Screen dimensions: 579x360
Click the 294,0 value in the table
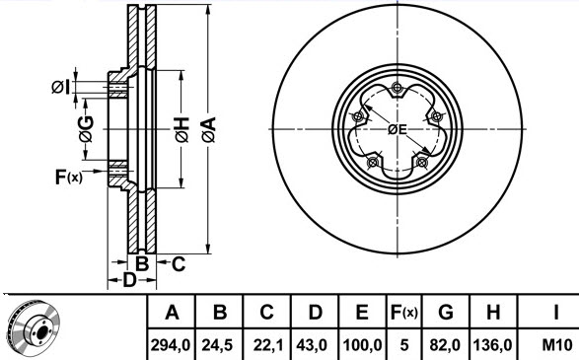coord(171,345)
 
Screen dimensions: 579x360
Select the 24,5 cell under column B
coord(217,345)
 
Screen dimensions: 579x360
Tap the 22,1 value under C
coord(267,345)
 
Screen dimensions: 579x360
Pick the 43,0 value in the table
coord(312,345)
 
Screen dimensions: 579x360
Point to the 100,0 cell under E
coord(362,345)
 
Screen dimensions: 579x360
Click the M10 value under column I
coord(556,345)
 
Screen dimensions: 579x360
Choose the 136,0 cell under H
coord(493,345)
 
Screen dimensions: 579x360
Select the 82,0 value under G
coord(445,345)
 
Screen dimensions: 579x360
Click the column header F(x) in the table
coord(404,313)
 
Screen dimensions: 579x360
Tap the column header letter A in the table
coord(172,313)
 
